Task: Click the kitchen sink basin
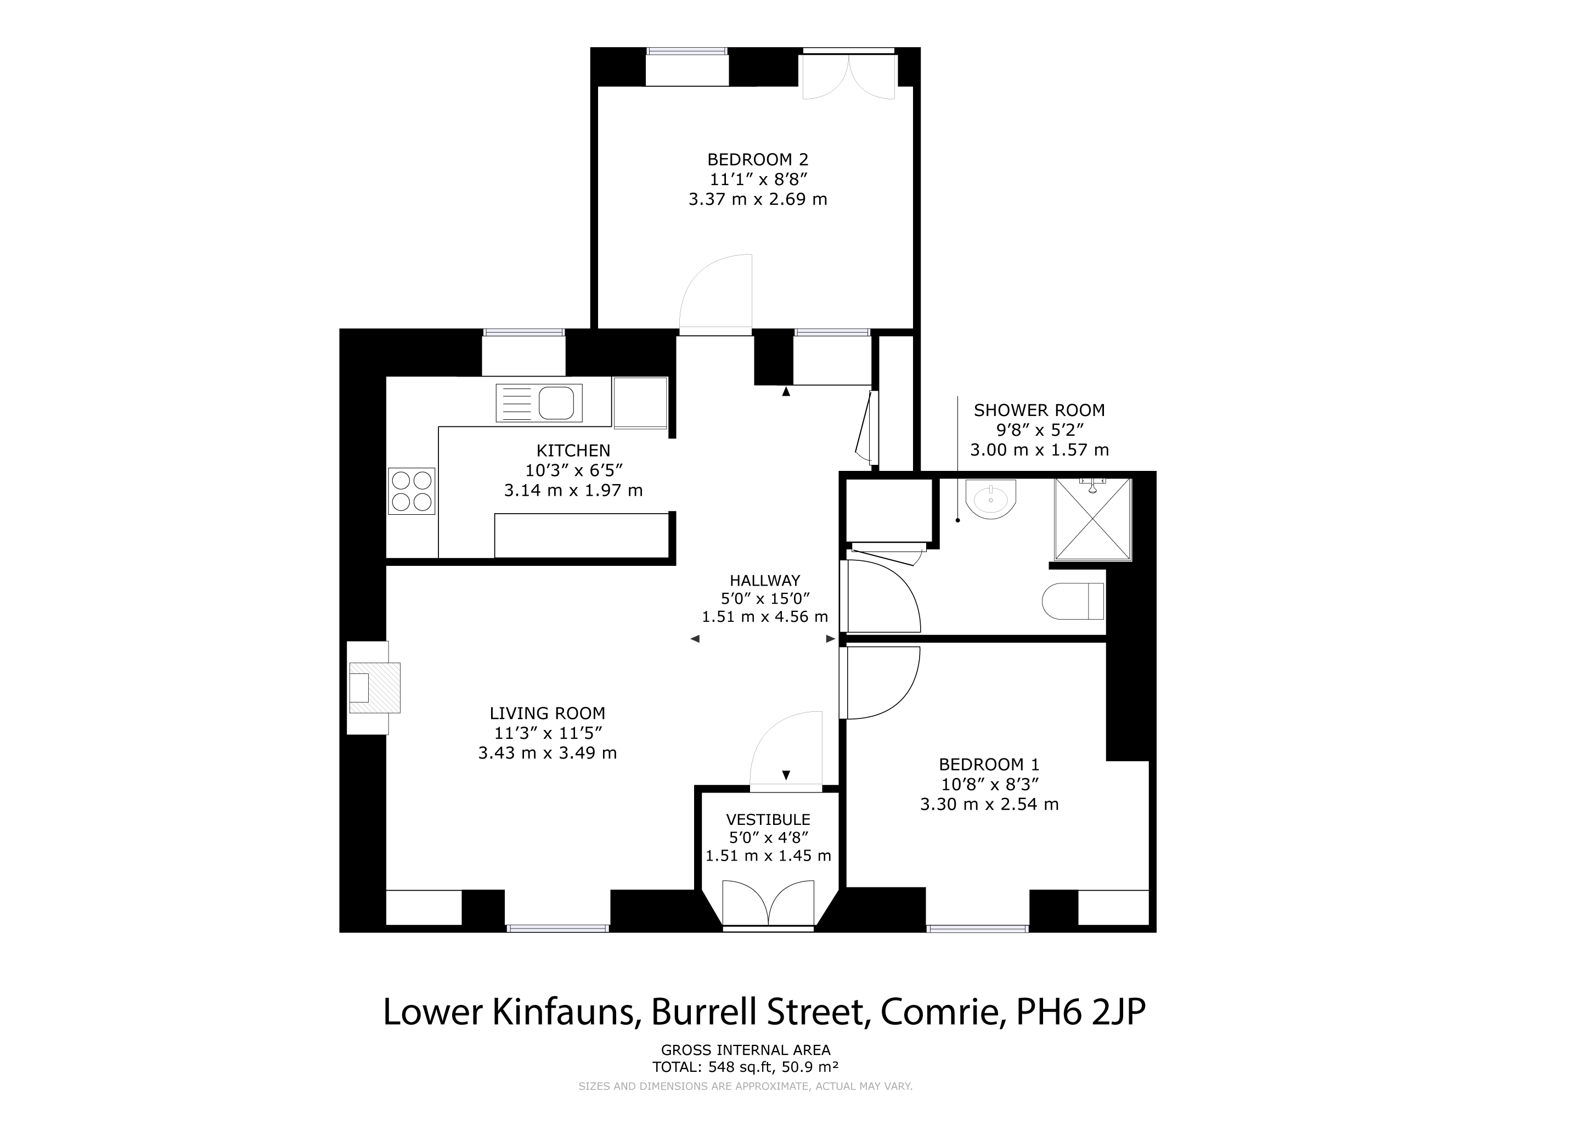click(556, 403)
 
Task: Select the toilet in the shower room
click(1073, 601)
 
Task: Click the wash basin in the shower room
click(991, 499)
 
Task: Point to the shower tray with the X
click(1093, 519)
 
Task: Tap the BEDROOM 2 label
click(758, 160)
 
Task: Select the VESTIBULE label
click(768, 819)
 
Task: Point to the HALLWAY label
click(765, 581)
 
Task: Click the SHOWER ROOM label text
click(1040, 411)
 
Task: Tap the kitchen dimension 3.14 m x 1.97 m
click(574, 491)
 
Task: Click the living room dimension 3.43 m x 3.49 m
click(548, 753)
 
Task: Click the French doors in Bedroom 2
click(848, 75)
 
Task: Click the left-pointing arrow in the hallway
click(695, 639)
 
